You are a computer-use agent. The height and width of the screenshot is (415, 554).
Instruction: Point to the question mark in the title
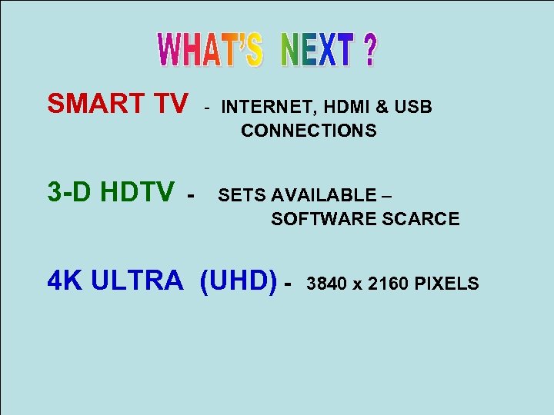tap(370, 50)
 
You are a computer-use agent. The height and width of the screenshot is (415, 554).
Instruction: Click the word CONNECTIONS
tap(309, 131)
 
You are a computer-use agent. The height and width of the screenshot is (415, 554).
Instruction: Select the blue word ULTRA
tap(137, 281)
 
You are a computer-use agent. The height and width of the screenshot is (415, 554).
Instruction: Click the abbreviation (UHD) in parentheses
tap(238, 281)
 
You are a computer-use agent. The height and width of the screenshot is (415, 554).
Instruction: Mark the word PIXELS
tap(446, 284)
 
